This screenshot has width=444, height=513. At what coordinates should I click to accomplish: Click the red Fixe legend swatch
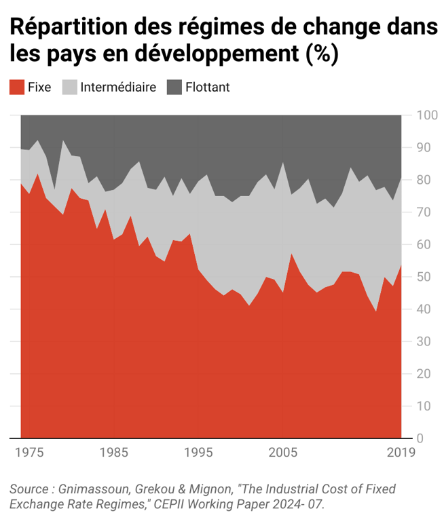pyautogui.click(x=17, y=88)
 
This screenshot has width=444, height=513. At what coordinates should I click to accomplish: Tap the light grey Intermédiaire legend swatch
pyautogui.click(x=70, y=88)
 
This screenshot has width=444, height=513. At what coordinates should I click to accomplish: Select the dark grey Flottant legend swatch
pyautogui.click(x=174, y=88)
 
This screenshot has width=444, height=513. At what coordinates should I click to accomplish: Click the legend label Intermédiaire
pyautogui.click(x=117, y=88)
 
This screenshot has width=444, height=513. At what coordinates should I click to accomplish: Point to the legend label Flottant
pyautogui.click(x=208, y=88)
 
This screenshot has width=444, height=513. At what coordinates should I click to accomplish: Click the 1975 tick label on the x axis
pyautogui.click(x=29, y=453)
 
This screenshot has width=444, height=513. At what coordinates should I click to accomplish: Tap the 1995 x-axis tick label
pyautogui.click(x=199, y=453)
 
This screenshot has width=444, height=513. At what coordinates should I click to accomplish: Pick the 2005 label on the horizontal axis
pyautogui.click(x=284, y=453)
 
